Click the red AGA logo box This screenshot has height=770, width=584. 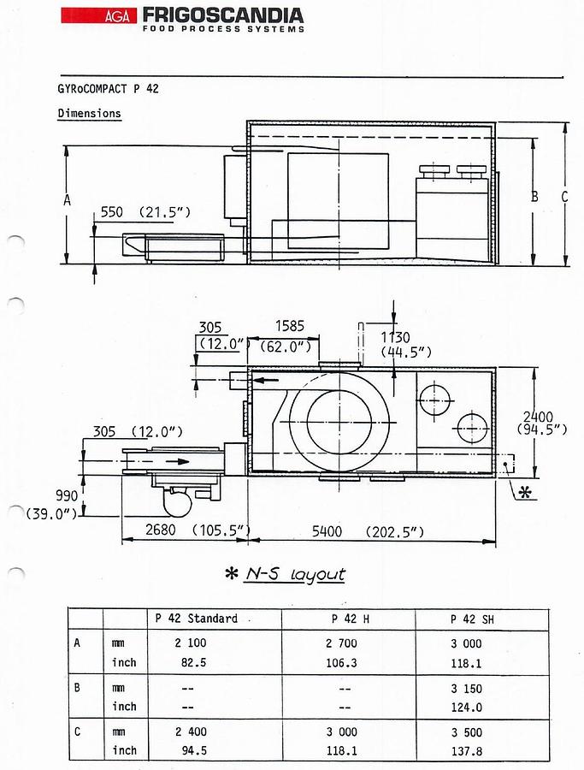point(98,15)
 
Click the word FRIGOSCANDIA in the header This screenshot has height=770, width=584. point(223,15)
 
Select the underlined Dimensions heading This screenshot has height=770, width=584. point(89,114)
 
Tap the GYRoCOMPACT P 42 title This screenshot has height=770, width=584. point(108,89)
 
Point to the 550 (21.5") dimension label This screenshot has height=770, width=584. point(145,213)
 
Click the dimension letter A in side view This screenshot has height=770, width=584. point(68,200)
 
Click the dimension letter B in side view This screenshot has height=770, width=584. point(534,197)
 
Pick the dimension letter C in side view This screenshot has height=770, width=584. point(564,197)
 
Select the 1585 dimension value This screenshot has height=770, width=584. point(290,326)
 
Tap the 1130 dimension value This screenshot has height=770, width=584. point(396,338)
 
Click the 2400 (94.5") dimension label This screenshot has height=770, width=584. point(542,423)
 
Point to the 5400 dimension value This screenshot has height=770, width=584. point(327,531)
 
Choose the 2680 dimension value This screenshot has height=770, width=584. point(161,530)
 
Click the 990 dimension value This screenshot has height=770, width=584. point(66,495)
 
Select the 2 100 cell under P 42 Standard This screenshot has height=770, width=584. point(191,643)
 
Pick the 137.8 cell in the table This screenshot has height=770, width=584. point(467,751)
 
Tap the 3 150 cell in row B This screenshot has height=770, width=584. point(466,689)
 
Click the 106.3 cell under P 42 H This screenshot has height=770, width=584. point(341,663)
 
